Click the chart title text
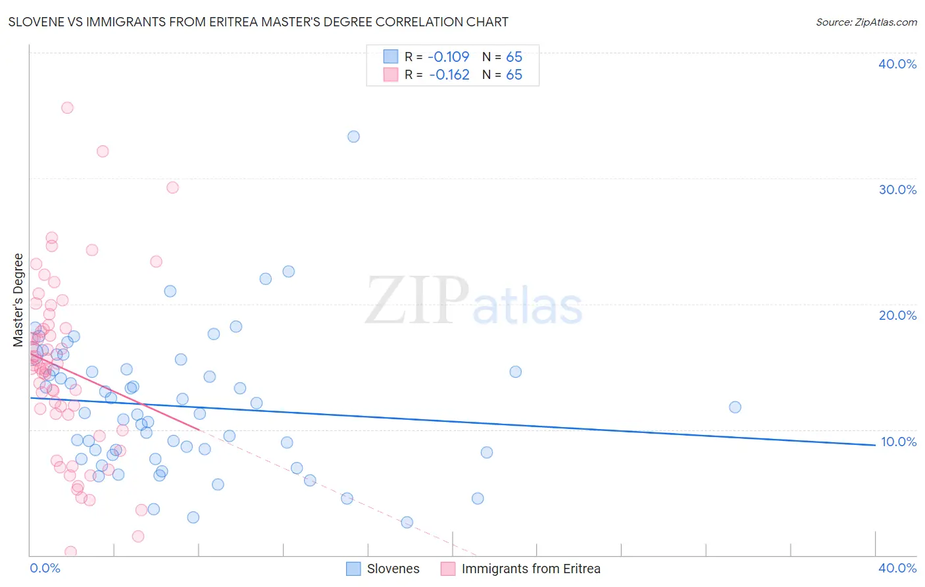(258, 22)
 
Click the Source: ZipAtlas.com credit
(866, 22)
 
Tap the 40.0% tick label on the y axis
(897, 64)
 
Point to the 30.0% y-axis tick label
(897, 190)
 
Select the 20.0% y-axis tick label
(897, 315)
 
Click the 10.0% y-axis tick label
(898, 442)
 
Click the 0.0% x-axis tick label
(45, 568)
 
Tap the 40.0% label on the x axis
(897, 568)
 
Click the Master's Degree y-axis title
(18, 300)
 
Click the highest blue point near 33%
(353, 137)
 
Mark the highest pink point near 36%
(67, 108)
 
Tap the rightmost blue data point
(735, 407)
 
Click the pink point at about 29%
(172, 188)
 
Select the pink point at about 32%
(103, 151)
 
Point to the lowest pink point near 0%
(70, 551)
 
